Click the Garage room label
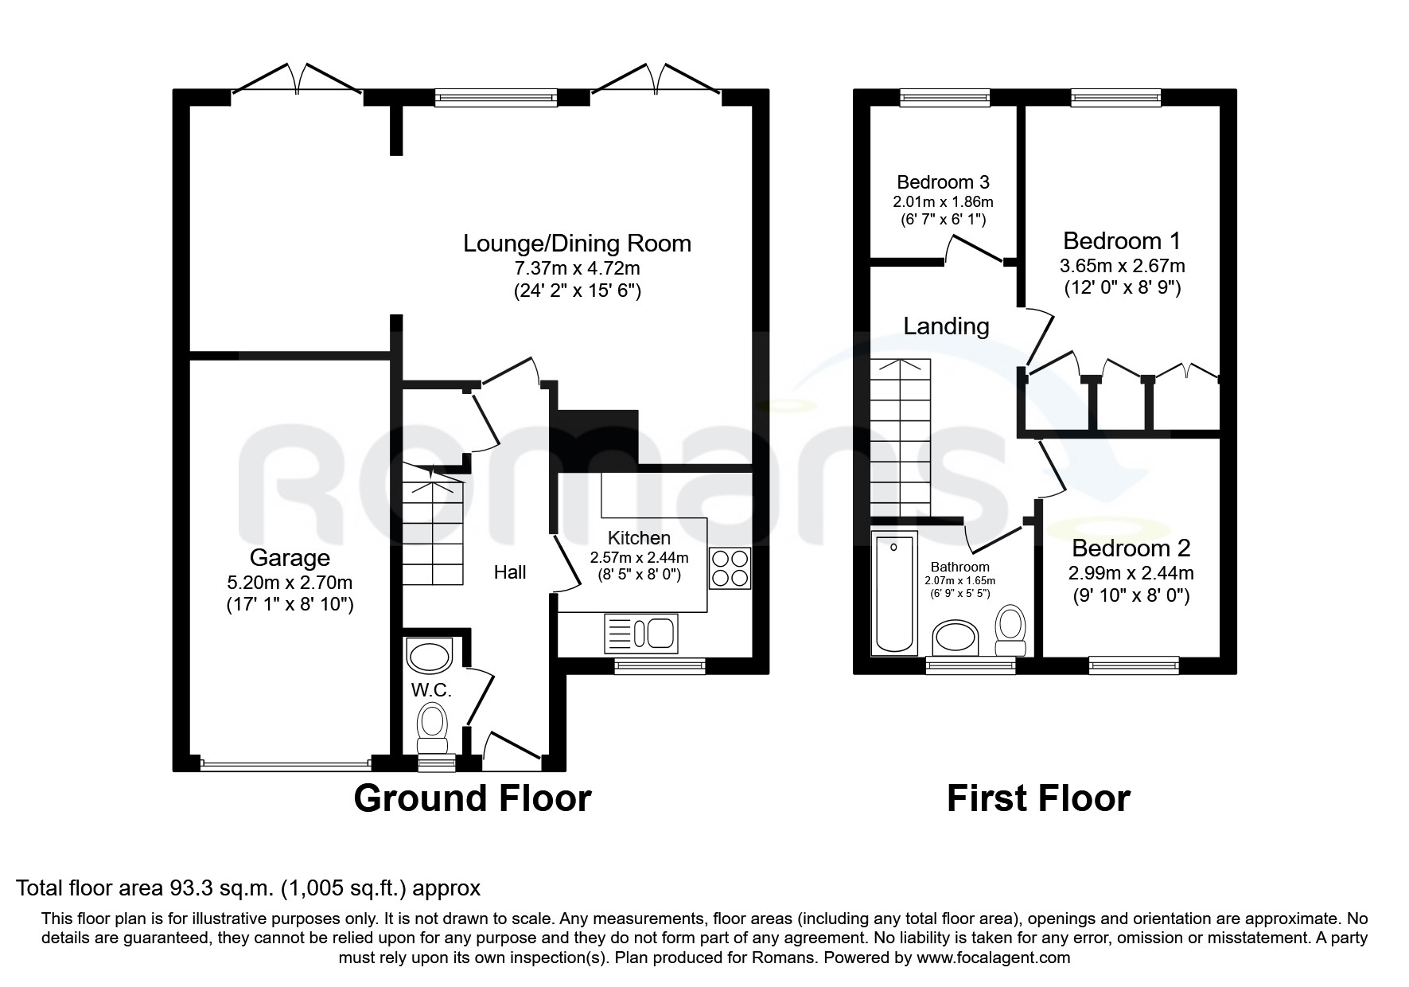click(290, 557)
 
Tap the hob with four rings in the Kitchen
click(729, 568)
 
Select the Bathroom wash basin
click(958, 639)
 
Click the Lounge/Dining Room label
click(577, 243)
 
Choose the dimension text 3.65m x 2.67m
click(1122, 265)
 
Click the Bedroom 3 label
click(943, 182)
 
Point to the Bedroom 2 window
click(1134, 664)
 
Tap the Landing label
click(946, 326)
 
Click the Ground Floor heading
click(472, 798)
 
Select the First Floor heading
click(1038, 798)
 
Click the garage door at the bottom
click(286, 765)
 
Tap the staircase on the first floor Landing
click(900, 438)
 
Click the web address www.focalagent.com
click(994, 958)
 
